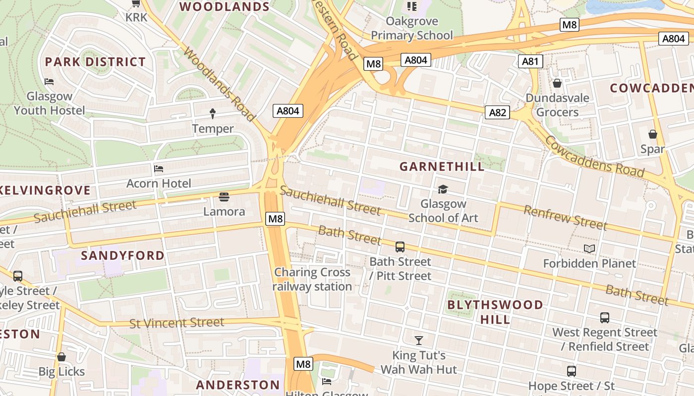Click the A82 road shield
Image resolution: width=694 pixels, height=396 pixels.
click(x=497, y=112)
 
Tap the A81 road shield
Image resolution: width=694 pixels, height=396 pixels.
click(x=530, y=61)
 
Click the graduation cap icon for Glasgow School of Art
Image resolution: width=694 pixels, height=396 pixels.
click(x=442, y=189)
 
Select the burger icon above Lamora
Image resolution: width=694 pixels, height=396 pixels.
click(x=224, y=197)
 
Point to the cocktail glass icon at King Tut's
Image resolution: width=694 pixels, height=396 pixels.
click(x=419, y=340)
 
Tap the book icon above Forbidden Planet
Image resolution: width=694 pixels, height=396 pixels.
click(x=589, y=248)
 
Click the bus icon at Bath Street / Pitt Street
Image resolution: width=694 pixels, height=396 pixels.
click(x=400, y=247)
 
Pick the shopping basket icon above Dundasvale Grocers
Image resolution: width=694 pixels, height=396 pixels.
click(x=557, y=83)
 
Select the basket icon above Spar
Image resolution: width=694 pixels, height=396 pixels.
click(x=653, y=134)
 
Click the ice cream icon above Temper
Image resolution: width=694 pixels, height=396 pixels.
click(x=213, y=114)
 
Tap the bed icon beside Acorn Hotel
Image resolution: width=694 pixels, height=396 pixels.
click(x=159, y=169)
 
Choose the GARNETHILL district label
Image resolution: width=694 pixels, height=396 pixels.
click(x=442, y=166)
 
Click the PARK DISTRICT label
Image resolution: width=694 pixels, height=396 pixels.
click(x=95, y=62)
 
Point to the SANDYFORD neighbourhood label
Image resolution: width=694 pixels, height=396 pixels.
click(x=122, y=255)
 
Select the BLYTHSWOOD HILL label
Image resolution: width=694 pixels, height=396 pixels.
click(x=495, y=312)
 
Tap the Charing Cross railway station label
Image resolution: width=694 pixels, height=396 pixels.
click(x=312, y=279)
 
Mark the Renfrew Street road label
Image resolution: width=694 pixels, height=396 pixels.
click(x=565, y=218)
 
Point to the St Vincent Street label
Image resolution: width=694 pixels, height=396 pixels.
click(x=177, y=323)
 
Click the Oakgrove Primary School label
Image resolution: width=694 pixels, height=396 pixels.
click(x=412, y=28)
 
